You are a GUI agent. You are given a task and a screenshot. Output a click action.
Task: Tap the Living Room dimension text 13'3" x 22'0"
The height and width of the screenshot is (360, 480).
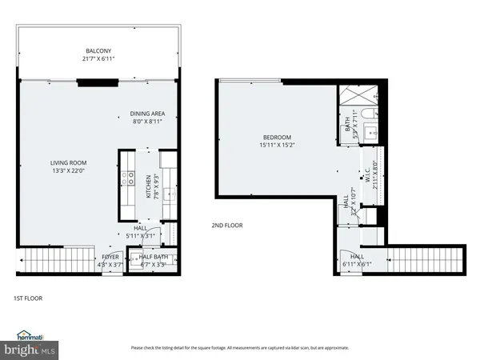pyautogui.click(x=68, y=170)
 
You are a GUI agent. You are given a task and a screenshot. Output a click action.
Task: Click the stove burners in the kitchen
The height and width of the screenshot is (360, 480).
pyautogui.click(x=127, y=177)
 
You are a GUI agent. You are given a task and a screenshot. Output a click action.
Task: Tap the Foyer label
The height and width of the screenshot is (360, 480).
pyautogui.click(x=110, y=257)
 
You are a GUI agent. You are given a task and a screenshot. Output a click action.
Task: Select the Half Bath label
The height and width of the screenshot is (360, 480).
pyautogui.click(x=153, y=257)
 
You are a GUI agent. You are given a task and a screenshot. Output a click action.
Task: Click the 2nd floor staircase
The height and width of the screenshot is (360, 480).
pyautogui.click(x=436, y=259)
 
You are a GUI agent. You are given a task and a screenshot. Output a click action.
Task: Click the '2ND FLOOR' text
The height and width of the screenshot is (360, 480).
pyautogui.click(x=227, y=226)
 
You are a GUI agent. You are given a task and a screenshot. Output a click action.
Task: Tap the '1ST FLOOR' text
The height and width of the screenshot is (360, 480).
pyautogui.click(x=27, y=298)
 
